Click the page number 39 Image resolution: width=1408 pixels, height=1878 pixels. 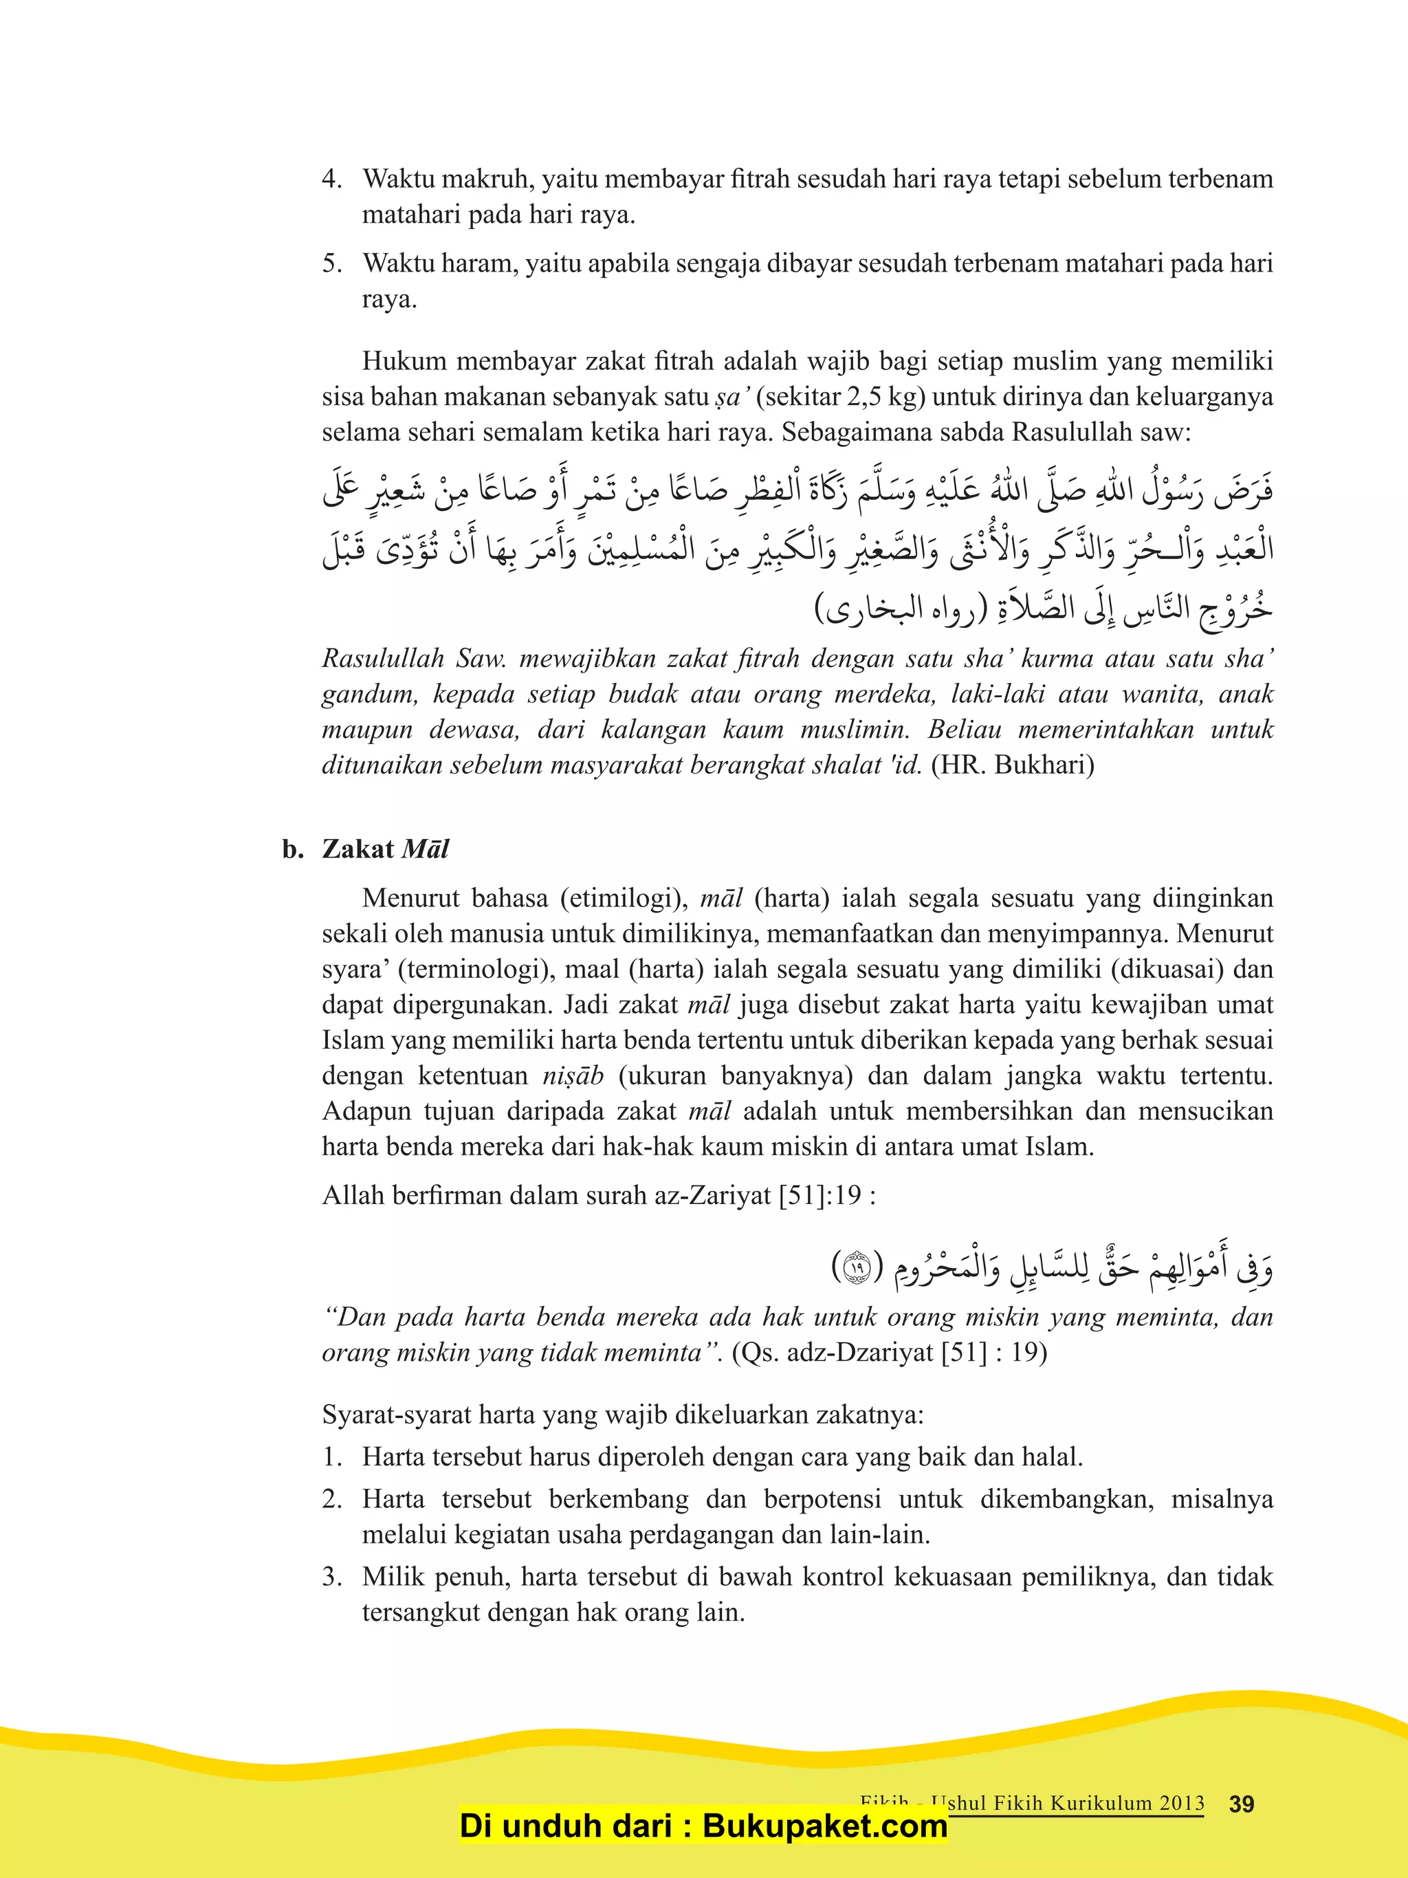1241,1803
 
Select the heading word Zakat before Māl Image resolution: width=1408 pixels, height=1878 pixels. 358,849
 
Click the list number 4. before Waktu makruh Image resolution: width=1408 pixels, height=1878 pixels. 332,179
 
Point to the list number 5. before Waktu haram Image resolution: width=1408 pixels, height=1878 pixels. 332,263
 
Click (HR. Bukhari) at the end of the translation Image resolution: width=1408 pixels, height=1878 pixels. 1013,765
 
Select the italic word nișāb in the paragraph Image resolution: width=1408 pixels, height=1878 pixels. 573,1076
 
